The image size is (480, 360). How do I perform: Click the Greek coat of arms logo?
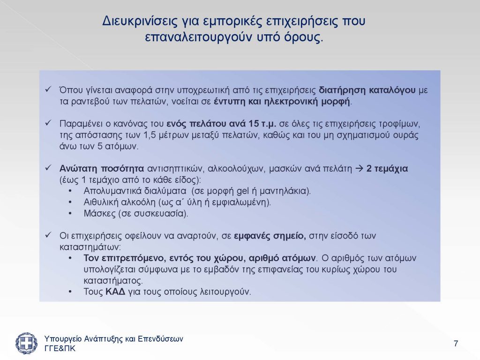pos(27,343)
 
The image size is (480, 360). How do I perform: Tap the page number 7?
pos(456,344)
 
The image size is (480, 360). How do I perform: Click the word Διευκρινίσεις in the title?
pos(140,21)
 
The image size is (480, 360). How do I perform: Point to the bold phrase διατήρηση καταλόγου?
pos(367,90)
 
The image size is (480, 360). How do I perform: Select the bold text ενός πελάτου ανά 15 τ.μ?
pos(221,124)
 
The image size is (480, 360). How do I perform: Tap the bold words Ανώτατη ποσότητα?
pos(102,169)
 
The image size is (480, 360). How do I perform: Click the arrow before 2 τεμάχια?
pos(359,169)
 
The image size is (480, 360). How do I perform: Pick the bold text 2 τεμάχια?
pos(387,169)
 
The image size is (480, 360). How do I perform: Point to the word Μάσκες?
pos(99,213)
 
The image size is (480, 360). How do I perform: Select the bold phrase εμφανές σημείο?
pos(270,236)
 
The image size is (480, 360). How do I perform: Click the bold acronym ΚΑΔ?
pos(115,292)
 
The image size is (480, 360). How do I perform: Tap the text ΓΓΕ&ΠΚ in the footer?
pos(60,349)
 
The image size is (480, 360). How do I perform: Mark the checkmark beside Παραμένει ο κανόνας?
pos(48,123)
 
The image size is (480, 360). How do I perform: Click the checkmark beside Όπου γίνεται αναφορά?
pos(48,90)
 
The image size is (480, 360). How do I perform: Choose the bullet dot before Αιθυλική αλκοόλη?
pos(70,202)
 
